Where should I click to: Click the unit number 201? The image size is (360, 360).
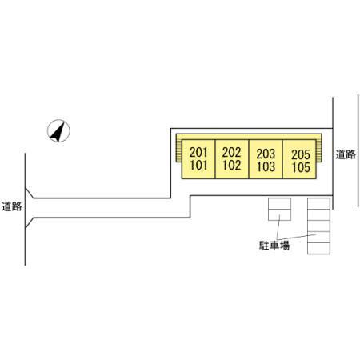pos(198,153)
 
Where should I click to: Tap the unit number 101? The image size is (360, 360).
pos(198,166)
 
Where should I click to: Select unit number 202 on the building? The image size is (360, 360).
pos(231,153)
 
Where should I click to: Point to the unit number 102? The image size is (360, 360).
pos(231,166)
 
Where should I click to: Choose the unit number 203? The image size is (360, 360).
pos(266,154)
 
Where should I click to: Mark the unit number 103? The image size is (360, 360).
pos(266,166)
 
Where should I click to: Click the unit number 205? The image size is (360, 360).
pos(301,154)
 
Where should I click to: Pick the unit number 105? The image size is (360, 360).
pos(301,167)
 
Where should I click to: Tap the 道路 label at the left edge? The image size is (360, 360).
pos(11,206)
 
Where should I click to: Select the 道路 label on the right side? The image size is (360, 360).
pos(346,154)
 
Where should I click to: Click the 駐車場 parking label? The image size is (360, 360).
pos(274,246)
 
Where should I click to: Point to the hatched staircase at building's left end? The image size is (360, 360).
pos(179,150)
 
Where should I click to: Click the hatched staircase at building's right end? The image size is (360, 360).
pos(319,150)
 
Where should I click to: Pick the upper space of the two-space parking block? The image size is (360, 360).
pos(279,203)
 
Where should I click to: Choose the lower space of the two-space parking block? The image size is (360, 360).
pos(279,215)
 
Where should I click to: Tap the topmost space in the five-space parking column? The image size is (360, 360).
pos(318,203)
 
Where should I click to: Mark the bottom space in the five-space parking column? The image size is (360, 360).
pos(318,249)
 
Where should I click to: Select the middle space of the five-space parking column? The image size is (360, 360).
pos(318,226)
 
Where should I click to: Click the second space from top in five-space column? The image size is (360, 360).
pos(318,215)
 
